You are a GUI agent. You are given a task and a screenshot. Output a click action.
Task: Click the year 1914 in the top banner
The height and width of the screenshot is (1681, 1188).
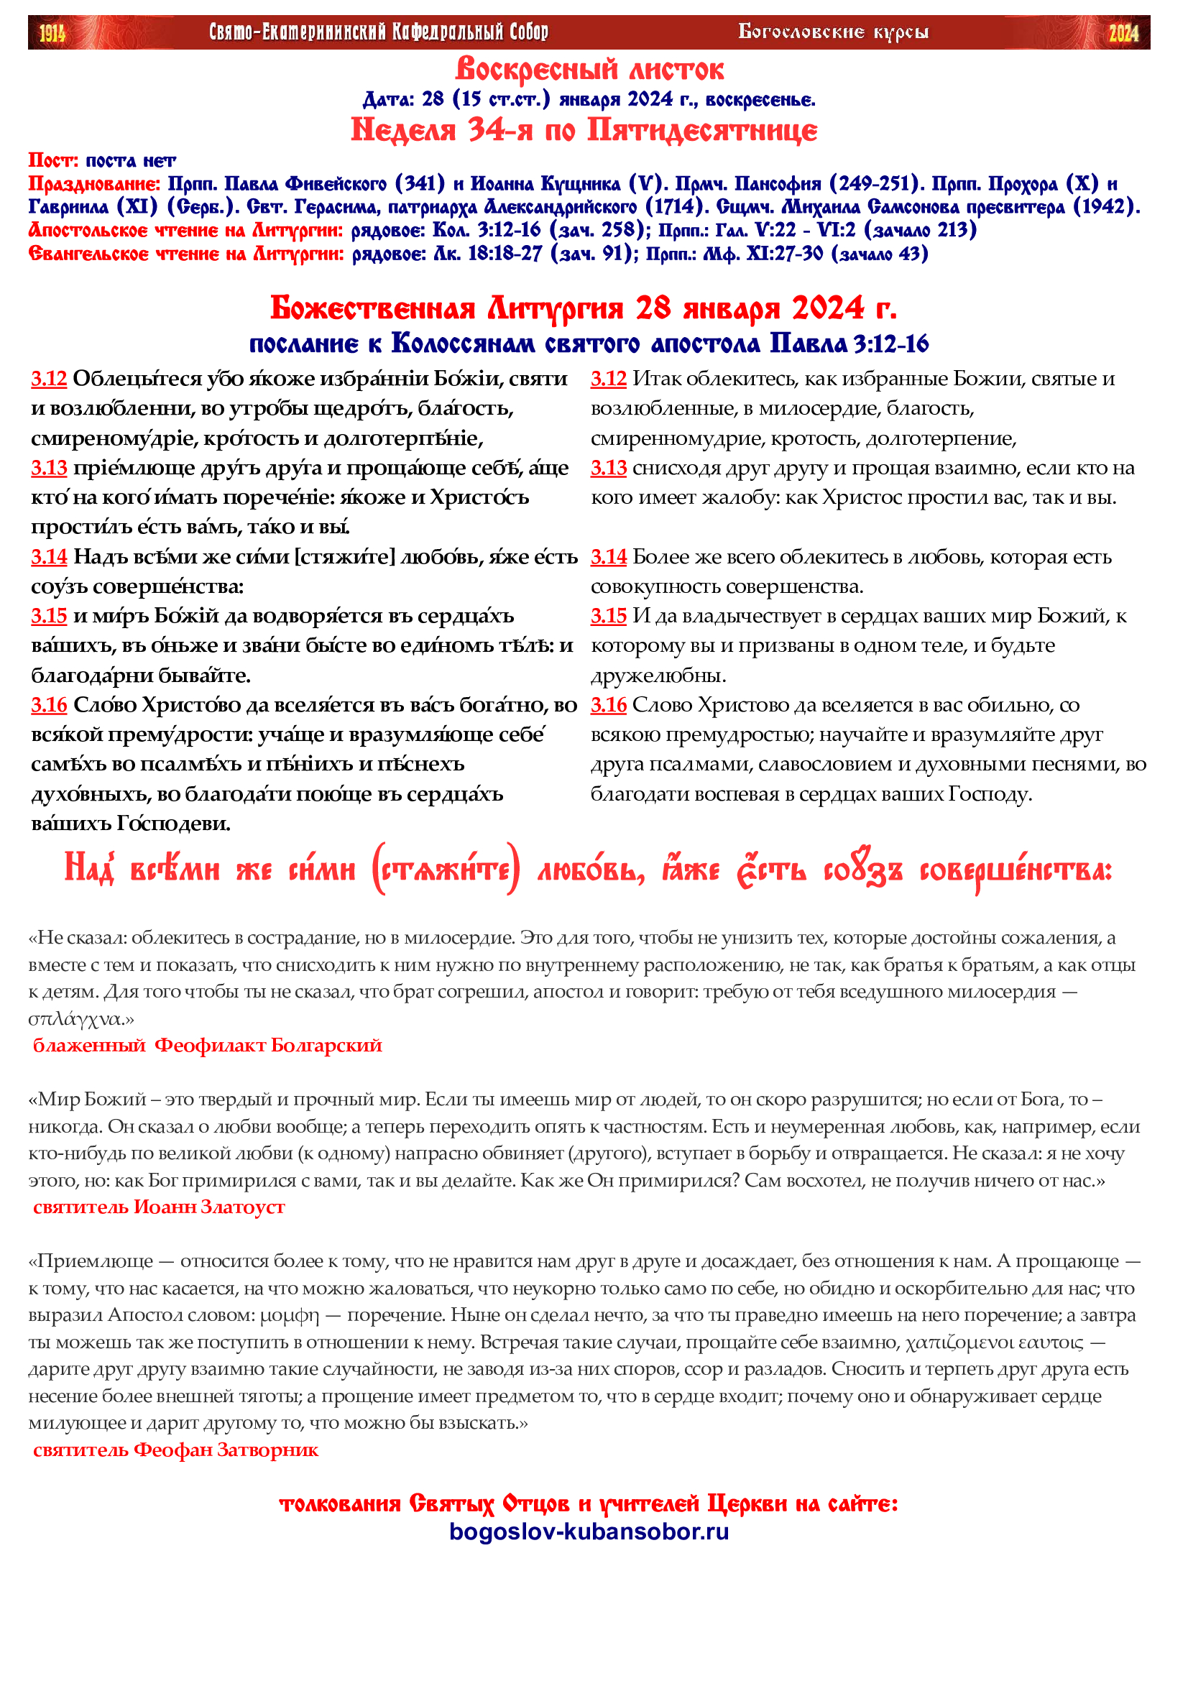[52, 33]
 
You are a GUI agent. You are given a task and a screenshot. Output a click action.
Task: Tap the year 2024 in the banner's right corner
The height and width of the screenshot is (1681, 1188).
[1123, 33]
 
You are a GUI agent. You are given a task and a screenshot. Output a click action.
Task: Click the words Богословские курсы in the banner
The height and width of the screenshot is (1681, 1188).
[833, 32]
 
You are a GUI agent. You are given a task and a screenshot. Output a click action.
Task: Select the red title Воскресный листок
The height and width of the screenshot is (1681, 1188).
[589, 70]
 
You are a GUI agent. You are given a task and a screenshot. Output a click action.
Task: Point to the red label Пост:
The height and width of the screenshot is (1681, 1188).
[52, 160]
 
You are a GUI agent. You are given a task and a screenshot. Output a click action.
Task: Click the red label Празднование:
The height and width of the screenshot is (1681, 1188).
[93, 183]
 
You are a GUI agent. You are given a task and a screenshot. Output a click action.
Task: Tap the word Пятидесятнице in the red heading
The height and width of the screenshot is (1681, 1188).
[702, 130]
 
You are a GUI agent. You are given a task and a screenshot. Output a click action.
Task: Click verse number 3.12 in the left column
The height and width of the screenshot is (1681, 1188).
[49, 379]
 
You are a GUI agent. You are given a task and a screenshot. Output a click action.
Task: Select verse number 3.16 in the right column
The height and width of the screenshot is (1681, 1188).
[608, 704]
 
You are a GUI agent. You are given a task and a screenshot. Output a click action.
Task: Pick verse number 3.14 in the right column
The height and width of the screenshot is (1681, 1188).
[608, 556]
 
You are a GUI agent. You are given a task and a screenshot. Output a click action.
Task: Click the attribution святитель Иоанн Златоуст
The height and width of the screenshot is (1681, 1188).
[159, 1207]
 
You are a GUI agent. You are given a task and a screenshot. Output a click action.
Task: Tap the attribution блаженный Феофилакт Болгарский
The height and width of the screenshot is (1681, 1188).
[207, 1045]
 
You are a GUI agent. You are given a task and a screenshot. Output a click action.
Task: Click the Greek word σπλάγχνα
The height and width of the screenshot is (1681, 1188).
[75, 1018]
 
